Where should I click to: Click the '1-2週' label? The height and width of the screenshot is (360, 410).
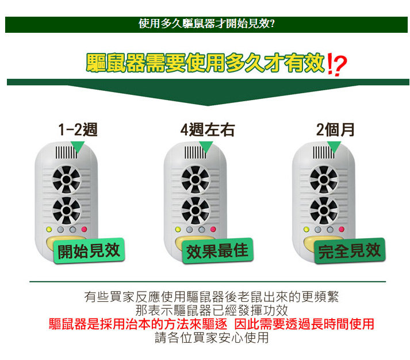(78, 129)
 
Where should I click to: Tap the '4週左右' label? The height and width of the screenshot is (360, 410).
(208, 129)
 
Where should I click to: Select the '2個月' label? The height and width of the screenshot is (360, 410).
(335, 129)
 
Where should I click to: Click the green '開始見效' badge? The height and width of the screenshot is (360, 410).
(89, 251)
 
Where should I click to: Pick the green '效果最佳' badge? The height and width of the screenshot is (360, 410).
(217, 251)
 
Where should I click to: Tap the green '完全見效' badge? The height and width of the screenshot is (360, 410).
(350, 251)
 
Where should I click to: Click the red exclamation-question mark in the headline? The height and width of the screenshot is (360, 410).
(337, 64)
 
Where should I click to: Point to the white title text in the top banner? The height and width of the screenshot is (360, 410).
(206, 24)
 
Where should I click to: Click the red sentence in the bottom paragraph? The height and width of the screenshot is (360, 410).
(211, 324)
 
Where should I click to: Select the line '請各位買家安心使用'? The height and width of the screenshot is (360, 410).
(211, 338)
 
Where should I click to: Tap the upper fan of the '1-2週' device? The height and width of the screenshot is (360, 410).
(66, 179)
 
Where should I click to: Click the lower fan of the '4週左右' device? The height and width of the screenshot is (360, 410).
(196, 210)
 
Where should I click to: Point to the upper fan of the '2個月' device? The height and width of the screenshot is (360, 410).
(324, 179)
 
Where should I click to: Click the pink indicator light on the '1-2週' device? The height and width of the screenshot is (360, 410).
(84, 229)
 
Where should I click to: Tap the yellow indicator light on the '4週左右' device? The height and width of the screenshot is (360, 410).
(178, 229)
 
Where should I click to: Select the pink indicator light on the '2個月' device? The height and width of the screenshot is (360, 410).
(342, 229)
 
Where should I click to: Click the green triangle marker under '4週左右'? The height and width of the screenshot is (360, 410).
(206, 147)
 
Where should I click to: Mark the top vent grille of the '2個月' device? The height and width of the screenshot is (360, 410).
(323, 152)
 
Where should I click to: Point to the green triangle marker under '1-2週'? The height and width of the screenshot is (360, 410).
(78, 147)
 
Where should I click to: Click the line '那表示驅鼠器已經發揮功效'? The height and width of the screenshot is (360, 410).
(211, 311)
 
